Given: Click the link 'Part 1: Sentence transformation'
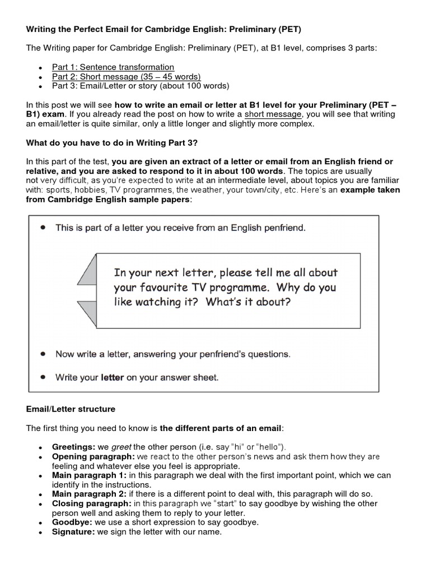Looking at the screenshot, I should point(113,67).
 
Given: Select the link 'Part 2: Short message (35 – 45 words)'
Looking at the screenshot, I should point(126,76).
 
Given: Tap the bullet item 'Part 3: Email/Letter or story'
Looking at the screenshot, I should point(140,86).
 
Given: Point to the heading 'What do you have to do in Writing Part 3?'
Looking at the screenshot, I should point(111,143).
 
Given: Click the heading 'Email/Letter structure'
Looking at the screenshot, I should point(71,409).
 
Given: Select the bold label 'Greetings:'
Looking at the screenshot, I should point(73,447).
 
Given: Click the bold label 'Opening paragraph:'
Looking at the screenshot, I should point(92,456).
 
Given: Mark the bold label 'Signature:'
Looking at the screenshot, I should point(73,532).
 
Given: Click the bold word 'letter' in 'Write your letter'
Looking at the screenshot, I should point(112,377).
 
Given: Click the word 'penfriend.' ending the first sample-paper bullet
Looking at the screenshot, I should point(271,228).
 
